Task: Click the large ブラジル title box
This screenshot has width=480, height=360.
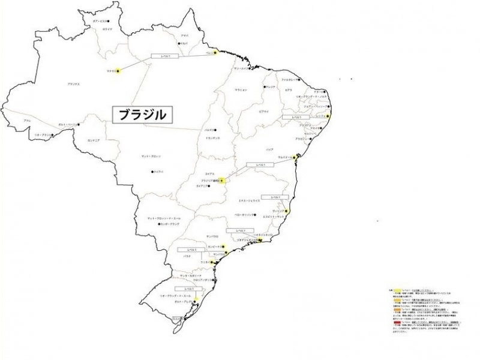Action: tap(140, 115)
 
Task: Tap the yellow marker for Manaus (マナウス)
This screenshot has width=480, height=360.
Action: tap(118, 71)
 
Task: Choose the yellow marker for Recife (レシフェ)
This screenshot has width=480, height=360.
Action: tap(328, 116)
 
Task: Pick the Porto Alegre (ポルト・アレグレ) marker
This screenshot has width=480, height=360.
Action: tap(196, 299)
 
